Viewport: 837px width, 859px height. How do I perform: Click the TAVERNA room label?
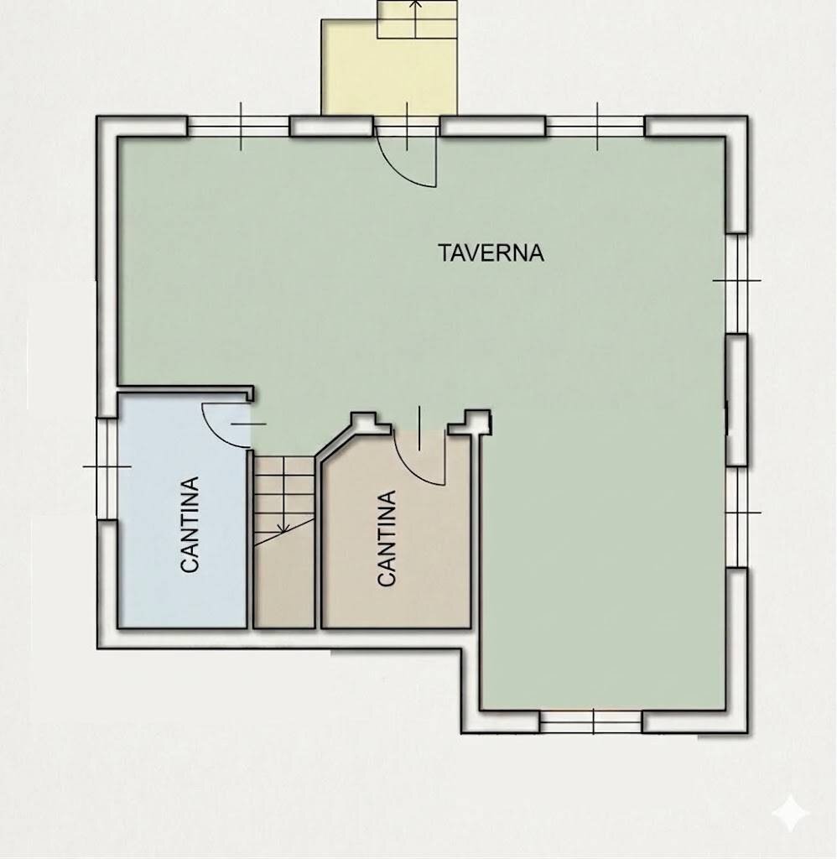tap(491, 252)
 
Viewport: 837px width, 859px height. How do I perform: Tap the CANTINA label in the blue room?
tap(190, 524)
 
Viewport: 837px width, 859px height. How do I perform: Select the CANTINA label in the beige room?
tap(387, 538)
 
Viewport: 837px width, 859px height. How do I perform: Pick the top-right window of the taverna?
tap(595, 127)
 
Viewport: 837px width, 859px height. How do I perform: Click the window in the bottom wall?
tap(591, 721)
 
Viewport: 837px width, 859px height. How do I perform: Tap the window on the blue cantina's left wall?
tap(107, 466)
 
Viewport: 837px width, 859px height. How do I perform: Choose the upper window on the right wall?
tap(736, 282)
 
